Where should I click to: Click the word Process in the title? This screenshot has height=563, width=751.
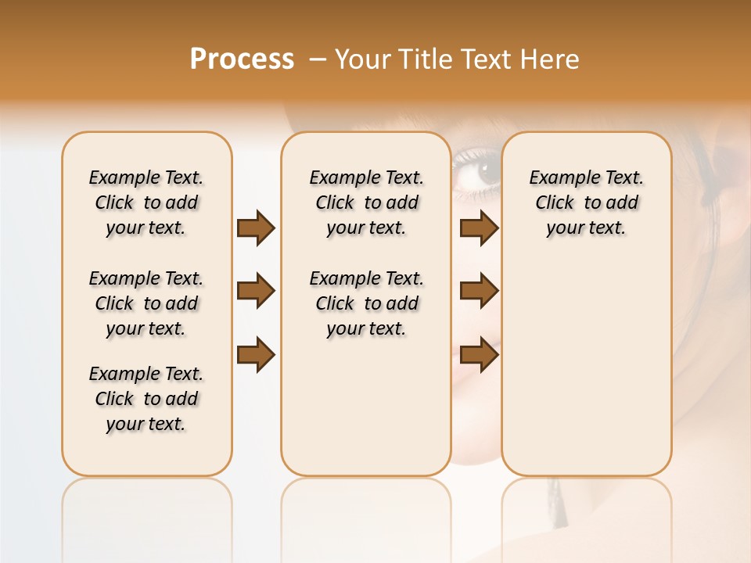tap(242, 59)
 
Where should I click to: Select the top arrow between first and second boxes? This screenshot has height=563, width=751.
tap(256, 228)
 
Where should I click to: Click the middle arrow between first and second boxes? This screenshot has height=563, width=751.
tap(256, 291)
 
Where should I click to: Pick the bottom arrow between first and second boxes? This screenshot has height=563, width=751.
tap(256, 355)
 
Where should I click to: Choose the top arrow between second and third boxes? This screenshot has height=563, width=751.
tap(479, 228)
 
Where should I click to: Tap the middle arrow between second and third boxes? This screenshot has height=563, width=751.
tap(479, 291)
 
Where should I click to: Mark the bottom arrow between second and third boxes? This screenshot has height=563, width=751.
tap(479, 355)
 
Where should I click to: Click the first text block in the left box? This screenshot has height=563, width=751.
tap(146, 203)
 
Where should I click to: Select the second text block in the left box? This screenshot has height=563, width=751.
tap(146, 303)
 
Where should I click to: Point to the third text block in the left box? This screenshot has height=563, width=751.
tap(146, 399)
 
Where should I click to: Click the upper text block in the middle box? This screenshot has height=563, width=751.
tap(366, 203)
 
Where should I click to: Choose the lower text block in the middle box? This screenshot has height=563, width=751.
tap(366, 303)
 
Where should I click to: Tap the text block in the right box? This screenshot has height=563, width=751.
tap(586, 203)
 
